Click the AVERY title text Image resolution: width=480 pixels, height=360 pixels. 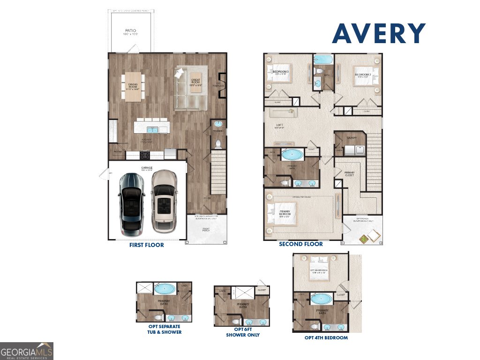pos(379,34)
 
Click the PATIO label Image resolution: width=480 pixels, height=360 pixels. pos(130,31)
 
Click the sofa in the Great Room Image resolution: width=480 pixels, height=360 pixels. pos(190,90)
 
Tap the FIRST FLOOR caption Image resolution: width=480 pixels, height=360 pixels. pos(147,245)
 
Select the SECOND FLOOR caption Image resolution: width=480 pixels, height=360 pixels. pos(300,244)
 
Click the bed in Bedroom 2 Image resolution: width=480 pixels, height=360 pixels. pos(365,75)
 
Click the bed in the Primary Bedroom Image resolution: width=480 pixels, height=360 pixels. pos(280,214)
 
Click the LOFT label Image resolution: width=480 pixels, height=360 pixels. pos(280,125)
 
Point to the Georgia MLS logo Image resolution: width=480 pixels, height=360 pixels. pos(27,351)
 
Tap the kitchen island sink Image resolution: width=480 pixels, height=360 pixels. pos(152,130)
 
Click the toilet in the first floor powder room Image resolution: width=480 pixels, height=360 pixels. pos(217,143)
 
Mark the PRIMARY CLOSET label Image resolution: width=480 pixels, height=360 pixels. pos(350,174)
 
